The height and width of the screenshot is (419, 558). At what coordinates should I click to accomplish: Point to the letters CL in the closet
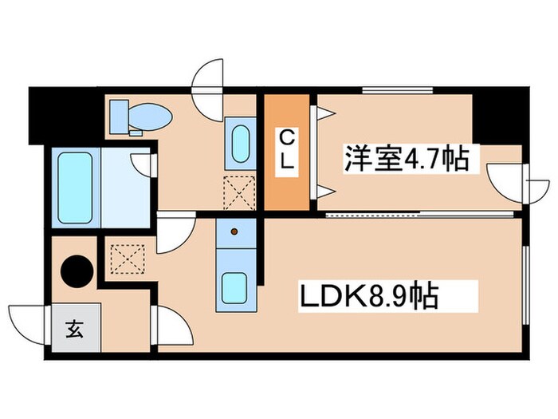[286, 151]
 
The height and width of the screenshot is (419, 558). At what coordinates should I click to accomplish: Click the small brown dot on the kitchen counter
[234, 232]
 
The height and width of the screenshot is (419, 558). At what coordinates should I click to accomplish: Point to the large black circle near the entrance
[78, 271]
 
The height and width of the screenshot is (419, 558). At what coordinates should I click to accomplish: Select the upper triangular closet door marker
[324, 115]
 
